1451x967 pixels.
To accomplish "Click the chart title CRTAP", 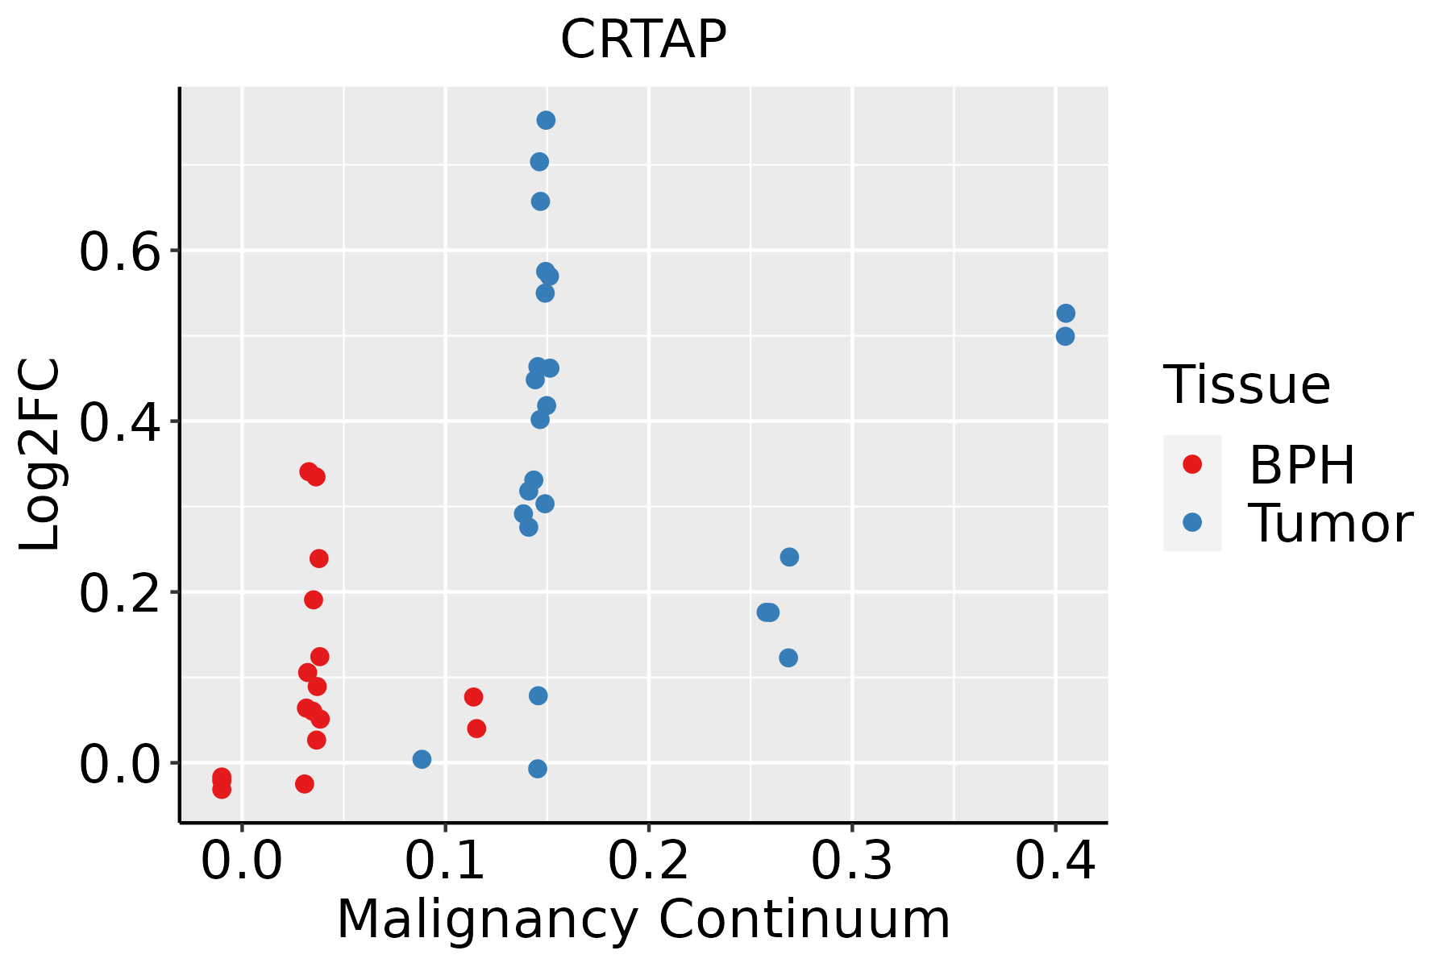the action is pos(643,39).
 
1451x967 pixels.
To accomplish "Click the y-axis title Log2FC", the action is pos(39,455).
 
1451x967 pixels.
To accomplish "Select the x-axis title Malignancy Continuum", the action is pos(643,920).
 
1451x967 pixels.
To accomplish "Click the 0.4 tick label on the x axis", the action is pos(1054,861).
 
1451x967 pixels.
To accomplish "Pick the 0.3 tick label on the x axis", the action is pos(851,861).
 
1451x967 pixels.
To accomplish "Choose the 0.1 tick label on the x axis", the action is pos(445,861).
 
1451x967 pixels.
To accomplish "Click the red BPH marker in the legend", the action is pos(1191,464).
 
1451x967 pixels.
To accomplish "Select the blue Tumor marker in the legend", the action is pos(1191,522).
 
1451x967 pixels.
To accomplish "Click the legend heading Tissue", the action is pos(1247,385).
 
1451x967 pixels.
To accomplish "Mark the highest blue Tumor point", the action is pos(546,120).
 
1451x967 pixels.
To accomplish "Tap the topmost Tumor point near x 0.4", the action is pos(1066,313).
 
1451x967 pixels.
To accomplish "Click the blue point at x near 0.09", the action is pos(422,759).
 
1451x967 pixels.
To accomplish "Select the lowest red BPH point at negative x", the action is pos(222,789).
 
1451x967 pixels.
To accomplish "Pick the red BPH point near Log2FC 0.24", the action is pos(319,558).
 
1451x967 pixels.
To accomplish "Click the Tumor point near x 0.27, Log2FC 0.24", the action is pos(789,557).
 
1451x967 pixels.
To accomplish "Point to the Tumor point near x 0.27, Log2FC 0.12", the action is pos(788,658).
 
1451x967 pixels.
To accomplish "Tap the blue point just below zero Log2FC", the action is pos(538,769).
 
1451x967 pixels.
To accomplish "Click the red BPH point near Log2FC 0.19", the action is pos(314,600).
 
